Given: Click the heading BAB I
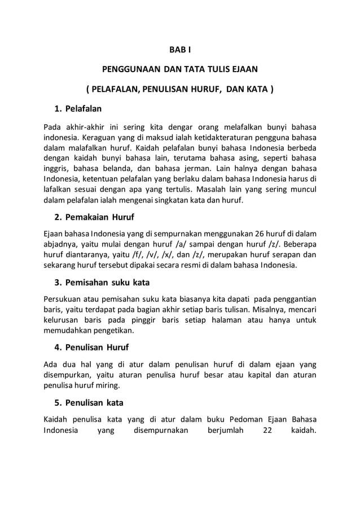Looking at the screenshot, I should point(179,50).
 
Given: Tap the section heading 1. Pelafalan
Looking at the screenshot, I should point(78,107).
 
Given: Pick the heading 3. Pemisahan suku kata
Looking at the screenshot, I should point(102,282).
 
